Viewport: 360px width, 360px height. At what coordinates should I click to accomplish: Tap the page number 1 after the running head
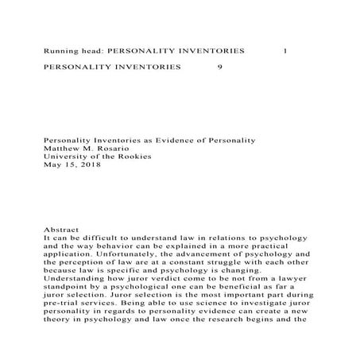pos(285,50)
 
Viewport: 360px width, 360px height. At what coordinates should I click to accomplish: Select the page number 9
pos(219,68)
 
